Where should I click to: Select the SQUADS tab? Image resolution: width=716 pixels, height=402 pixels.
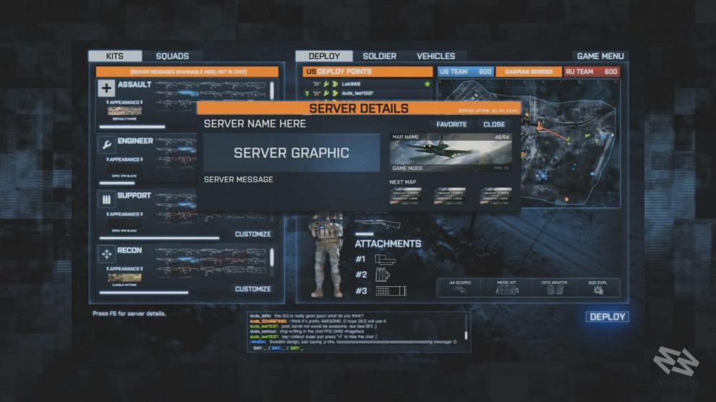click(x=172, y=56)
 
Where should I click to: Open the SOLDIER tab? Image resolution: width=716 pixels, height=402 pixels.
click(x=379, y=56)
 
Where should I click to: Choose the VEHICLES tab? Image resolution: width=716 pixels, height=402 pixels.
click(x=435, y=56)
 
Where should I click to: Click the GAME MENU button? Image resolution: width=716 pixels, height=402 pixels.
click(x=600, y=56)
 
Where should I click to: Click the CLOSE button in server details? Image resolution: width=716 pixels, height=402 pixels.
click(x=494, y=124)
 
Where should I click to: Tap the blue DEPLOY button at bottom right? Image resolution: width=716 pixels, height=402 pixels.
click(x=606, y=317)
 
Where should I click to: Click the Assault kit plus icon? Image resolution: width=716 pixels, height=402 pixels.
click(x=106, y=88)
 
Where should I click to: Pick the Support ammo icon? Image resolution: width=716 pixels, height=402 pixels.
click(x=106, y=199)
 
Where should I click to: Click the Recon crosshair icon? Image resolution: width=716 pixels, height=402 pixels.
click(x=106, y=254)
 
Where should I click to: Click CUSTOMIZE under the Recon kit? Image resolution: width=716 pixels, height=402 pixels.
click(x=252, y=289)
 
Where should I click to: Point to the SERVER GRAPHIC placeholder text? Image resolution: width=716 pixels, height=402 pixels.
click(x=291, y=153)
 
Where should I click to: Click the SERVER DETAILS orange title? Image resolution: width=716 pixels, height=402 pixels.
click(x=359, y=108)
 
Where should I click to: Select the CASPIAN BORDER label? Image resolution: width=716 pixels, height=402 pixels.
click(x=529, y=72)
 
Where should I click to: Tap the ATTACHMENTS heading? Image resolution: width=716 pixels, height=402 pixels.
click(x=388, y=244)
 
